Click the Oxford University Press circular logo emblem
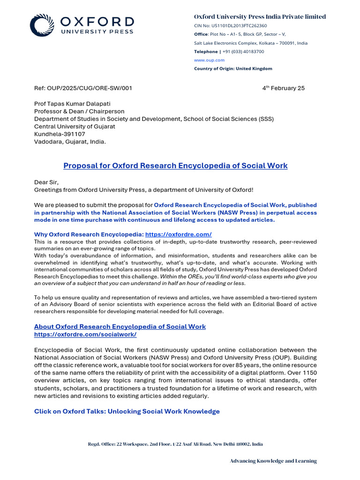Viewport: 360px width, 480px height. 42,25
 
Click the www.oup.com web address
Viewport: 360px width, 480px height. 209,60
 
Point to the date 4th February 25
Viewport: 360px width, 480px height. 283,88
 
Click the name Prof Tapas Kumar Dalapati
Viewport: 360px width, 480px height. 73,104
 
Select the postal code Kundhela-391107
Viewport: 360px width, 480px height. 60,134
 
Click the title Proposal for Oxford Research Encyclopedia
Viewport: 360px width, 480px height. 175,166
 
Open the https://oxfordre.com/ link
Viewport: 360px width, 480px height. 178,234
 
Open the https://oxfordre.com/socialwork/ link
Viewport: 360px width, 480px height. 85,334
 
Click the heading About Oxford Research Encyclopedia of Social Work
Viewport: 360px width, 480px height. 120,326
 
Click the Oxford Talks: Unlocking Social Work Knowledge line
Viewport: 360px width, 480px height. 127,412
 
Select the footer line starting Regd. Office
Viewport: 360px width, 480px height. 175,444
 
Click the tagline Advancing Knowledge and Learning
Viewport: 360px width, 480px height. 273,461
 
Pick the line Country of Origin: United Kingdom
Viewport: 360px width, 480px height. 233,68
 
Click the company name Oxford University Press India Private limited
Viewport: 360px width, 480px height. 260,17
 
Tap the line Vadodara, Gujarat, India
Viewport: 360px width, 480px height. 70,142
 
